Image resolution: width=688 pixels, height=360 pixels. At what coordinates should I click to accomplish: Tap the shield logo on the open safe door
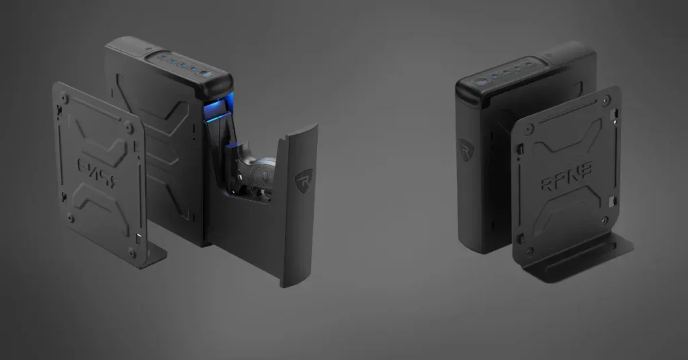click(x=304, y=179)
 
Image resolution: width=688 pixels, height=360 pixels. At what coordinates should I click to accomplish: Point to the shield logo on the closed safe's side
click(x=465, y=149)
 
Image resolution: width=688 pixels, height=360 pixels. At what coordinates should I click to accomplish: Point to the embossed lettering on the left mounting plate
click(x=95, y=167)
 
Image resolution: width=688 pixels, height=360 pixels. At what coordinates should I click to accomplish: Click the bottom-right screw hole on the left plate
click(x=132, y=253)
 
